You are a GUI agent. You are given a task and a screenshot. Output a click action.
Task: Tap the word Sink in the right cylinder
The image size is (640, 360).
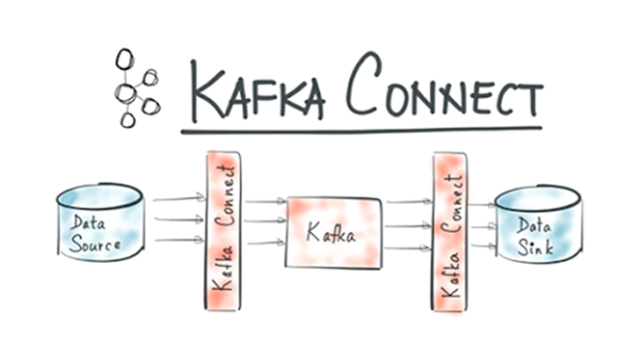(535, 247)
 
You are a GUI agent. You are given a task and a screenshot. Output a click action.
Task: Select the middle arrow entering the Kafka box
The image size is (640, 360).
(265, 220)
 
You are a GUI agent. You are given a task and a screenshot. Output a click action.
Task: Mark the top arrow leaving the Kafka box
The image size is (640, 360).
(408, 201)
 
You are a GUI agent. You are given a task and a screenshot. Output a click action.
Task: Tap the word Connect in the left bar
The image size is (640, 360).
(226, 195)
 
